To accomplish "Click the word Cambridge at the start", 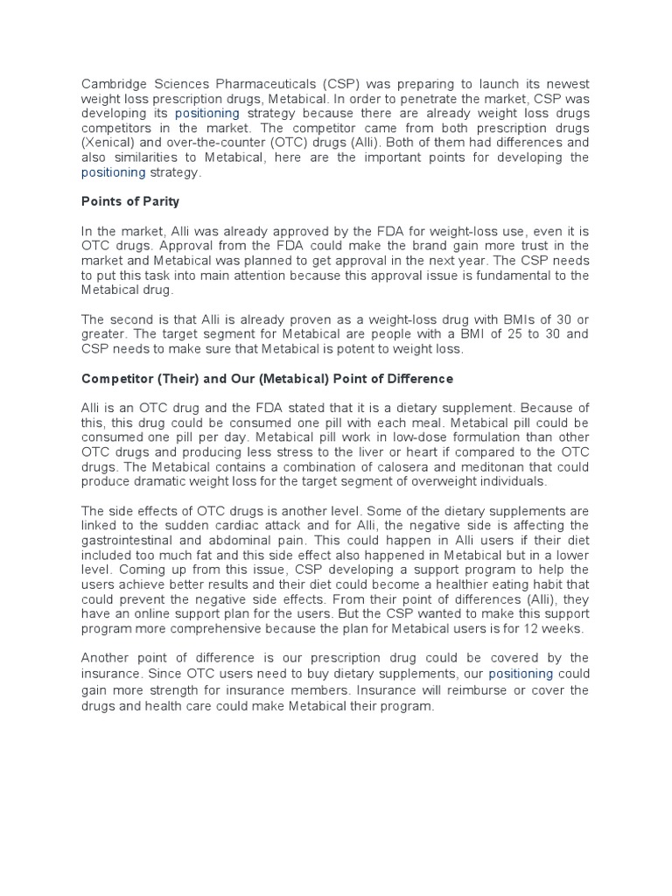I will tap(113, 84).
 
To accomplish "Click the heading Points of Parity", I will tap(130, 201).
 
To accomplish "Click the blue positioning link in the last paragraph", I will tap(521, 674).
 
